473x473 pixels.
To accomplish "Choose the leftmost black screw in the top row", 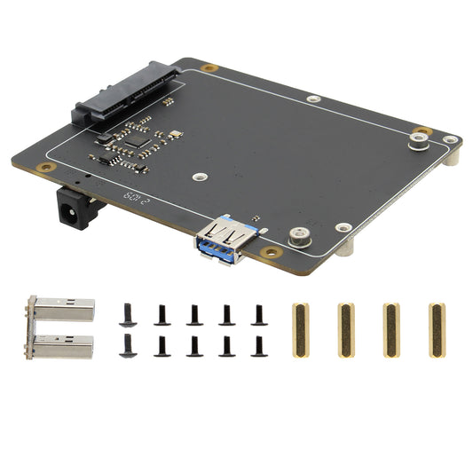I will click(128, 312).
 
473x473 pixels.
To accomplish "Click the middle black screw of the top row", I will click(193, 313).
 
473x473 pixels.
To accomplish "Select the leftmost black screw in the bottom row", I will click(128, 343).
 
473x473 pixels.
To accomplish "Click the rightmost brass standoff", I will click(436, 330).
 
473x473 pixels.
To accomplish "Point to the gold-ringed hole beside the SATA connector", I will click(209, 68).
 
